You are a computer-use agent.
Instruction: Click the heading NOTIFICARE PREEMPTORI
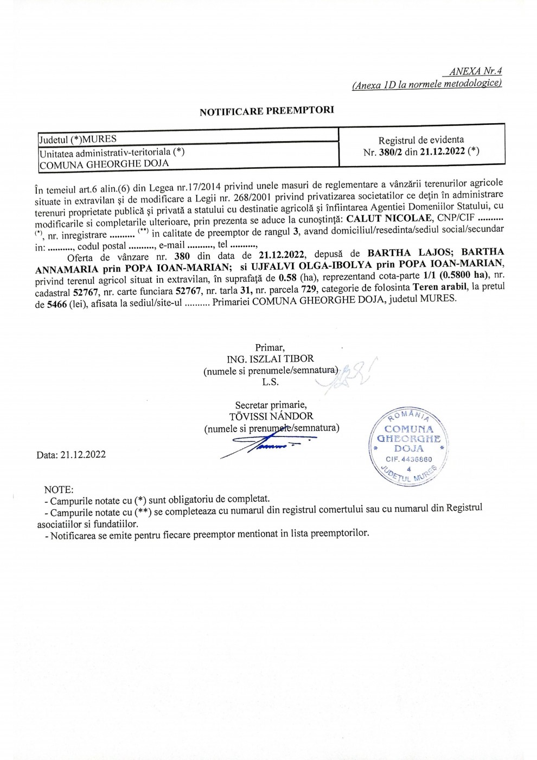(266, 111)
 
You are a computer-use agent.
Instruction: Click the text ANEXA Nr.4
(475, 71)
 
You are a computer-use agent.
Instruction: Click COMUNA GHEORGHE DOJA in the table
(104, 163)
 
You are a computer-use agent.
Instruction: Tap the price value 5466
(57, 305)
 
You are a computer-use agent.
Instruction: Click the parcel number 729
(309, 289)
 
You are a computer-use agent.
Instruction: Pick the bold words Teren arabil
(439, 287)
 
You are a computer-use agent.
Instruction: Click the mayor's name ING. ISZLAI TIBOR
(270, 359)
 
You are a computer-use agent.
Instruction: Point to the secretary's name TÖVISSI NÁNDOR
(271, 416)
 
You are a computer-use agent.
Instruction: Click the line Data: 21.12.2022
(71, 455)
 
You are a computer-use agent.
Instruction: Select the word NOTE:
(59, 490)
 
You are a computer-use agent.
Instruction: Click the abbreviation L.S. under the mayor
(270, 382)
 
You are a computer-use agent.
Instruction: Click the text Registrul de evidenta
(421, 140)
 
